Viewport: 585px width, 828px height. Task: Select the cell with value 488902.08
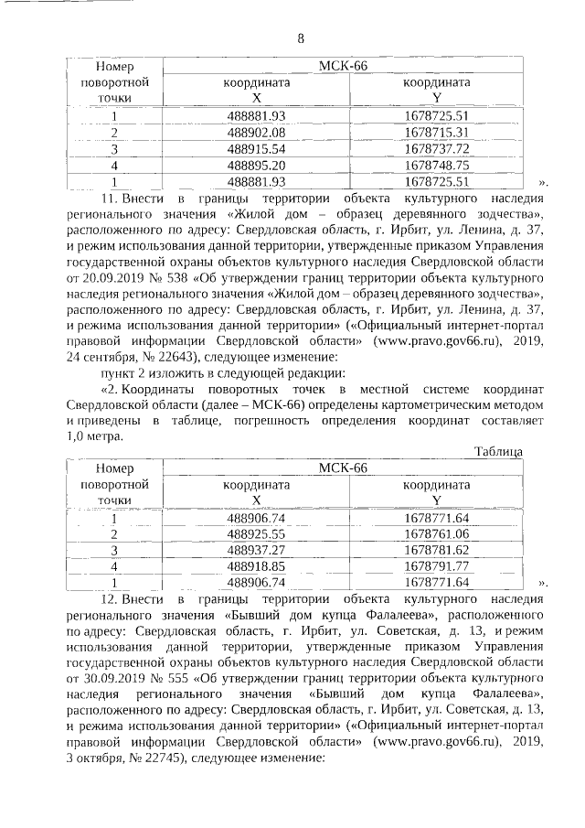[x=257, y=132]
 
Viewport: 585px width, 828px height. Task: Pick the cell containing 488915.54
[x=257, y=148]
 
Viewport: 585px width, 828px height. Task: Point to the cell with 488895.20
[x=257, y=165]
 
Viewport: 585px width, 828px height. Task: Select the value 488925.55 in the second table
[x=257, y=533]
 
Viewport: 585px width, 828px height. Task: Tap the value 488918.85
[x=257, y=566]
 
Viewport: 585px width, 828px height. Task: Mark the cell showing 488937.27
[x=257, y=550]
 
